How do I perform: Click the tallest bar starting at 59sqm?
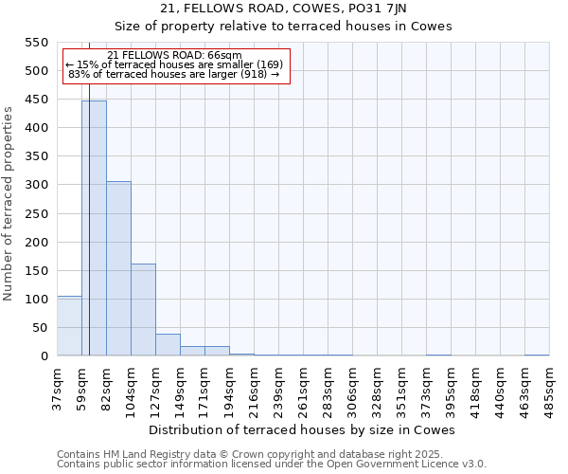pyautogui.click(x=94, y=228)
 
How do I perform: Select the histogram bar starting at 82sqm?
pyautogui.click(x=118, y=268)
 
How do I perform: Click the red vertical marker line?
pyautogui.click(x=89, y=237)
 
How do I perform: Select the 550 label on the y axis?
pyautogui.click(x=36, y=43)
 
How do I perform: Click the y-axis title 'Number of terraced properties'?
pyautogui.click(x=9, y=204)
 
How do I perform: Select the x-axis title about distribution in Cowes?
pyautogui.click(x=302, y=429)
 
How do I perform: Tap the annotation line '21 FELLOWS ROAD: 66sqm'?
pyautogui.click(x=175, y=55)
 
